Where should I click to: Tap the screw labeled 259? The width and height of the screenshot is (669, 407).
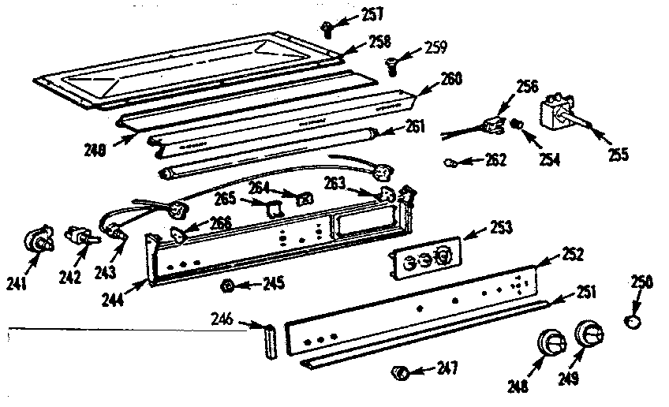[392, 68]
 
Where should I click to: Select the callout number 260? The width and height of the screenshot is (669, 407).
[452, 79]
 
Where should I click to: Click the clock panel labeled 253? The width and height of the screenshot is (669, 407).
[424, 258]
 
